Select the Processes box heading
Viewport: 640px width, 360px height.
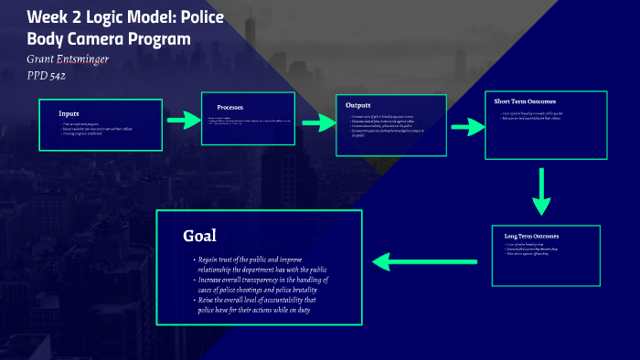pos(229,107)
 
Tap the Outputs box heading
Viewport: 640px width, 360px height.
pos(358,105)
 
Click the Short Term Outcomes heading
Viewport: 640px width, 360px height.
pos(525,101)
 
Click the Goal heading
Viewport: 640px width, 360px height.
pos(199,236)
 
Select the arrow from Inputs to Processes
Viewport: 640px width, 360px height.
pos(183,120)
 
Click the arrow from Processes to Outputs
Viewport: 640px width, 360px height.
pos(319,122)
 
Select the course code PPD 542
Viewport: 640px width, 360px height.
pos(46,76)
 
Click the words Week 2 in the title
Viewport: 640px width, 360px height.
pos(51,18)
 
